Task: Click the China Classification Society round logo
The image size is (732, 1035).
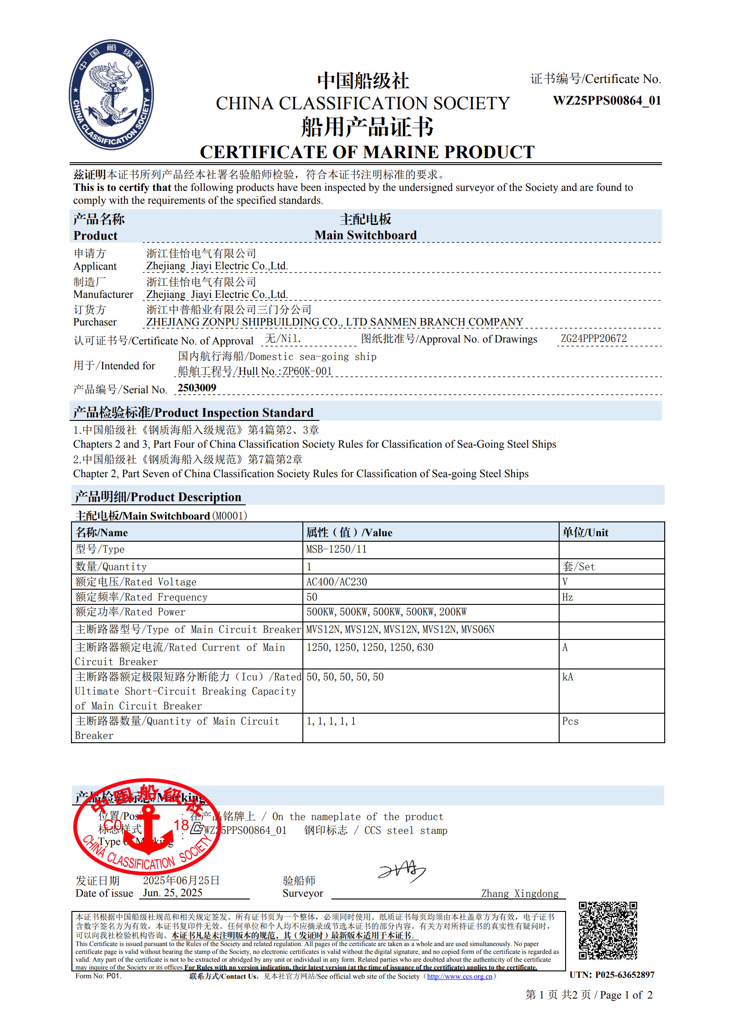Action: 111,95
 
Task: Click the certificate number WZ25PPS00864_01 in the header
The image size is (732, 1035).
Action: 607,101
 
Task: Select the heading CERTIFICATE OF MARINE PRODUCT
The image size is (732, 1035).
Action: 367,152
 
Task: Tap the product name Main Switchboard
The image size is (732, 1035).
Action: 365,235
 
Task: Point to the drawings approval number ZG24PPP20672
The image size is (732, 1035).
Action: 593,338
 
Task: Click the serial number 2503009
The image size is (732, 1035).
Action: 197,388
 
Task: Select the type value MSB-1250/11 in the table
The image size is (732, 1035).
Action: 336,549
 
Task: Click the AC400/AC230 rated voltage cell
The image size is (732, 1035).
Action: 336,582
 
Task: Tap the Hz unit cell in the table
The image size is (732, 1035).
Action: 567,597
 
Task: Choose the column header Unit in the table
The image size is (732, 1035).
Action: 585,532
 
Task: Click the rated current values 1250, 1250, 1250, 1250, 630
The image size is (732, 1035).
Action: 370,647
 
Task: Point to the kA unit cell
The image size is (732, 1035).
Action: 567,677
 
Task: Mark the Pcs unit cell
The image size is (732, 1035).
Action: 570,721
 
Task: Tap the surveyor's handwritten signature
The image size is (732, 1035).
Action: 401,871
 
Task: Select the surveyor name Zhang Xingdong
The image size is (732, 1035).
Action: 519,893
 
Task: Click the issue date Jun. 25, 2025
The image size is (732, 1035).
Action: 173,893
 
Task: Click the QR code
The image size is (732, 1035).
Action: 608,930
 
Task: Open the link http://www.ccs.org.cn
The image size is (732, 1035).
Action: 459,976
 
